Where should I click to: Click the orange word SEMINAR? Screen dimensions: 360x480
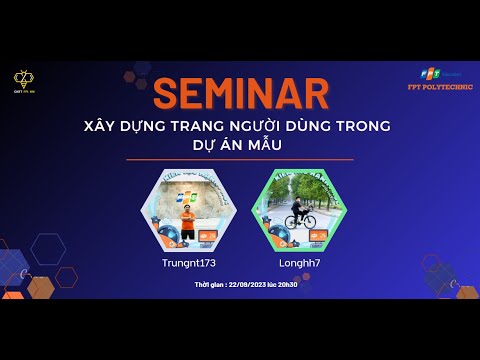tap(241, 94)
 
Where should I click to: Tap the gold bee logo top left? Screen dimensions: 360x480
tap(23, 77)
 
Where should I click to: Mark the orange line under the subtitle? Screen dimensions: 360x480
tap(241, 159)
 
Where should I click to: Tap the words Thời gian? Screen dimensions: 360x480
tap(210, 284)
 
